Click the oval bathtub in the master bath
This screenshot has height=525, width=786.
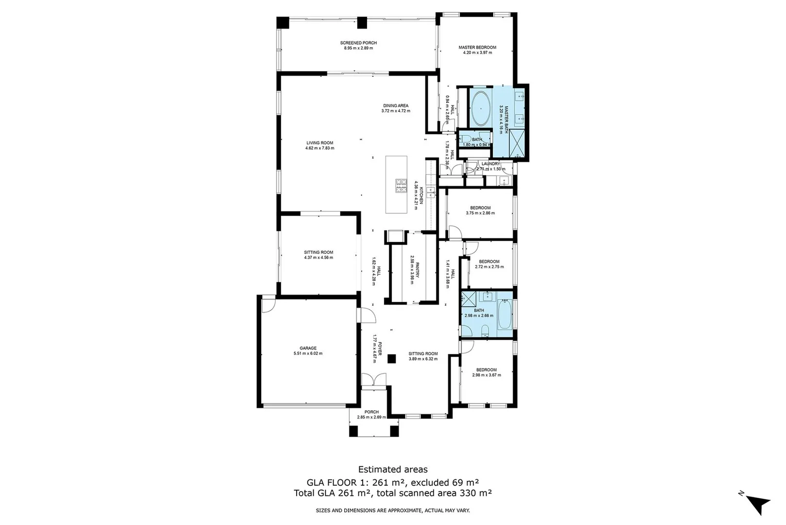pos(481,108)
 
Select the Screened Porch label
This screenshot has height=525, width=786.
pos(358,43)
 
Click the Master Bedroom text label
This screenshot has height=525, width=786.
pos(477,47)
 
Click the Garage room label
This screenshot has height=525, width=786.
pos(308,348)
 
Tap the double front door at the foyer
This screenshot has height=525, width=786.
pos(373,380)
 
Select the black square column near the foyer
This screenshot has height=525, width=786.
pos(391,359)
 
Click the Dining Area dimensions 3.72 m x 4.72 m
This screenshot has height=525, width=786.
pos(396,111)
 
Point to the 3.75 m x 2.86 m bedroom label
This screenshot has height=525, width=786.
pos(480,213)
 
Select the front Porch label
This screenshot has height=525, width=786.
pos(371,412)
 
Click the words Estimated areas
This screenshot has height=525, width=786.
pos(393,470)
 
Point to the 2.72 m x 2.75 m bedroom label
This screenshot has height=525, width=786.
pos(489,266)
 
